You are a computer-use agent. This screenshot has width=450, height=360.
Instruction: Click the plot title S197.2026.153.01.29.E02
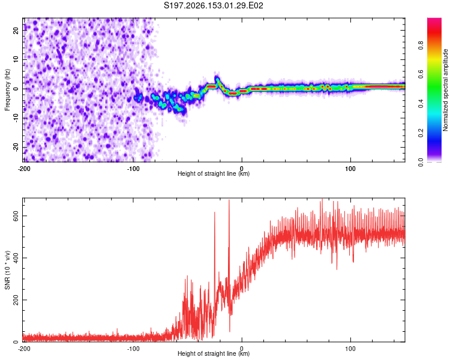click(213, 5)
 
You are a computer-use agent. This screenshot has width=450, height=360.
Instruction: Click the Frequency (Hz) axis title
click(7, 90)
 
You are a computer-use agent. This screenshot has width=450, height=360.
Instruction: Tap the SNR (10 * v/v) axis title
click(7, 270)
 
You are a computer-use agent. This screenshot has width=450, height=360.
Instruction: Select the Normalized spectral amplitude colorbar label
click(445, 90)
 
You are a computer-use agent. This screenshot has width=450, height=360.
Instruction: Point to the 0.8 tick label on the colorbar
click(421, 45)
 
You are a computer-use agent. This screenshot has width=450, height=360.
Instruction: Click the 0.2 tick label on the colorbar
click(421, 133)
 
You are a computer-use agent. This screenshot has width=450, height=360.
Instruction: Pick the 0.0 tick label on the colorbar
click(421, 163)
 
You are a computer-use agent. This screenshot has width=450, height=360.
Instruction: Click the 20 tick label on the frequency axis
click(16, 30)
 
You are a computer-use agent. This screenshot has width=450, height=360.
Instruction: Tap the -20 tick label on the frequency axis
click(16, 148)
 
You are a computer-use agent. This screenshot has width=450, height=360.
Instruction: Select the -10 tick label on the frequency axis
click(16, 118)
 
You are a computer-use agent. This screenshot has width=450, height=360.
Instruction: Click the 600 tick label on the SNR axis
click(16, 216)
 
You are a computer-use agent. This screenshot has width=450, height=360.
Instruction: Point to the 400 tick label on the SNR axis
click(16, 258)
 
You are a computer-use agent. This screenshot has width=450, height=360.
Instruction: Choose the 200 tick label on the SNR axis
click(16, 300)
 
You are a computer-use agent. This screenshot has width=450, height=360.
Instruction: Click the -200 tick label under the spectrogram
click(24, 169)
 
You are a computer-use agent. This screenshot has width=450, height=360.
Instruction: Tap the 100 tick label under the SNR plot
click(350, 349)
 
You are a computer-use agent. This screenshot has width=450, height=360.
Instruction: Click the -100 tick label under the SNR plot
click(133, 349)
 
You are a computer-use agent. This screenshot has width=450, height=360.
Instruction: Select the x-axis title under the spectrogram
click(214, 173)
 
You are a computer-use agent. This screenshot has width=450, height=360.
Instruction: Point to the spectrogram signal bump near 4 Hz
click(218, 80)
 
